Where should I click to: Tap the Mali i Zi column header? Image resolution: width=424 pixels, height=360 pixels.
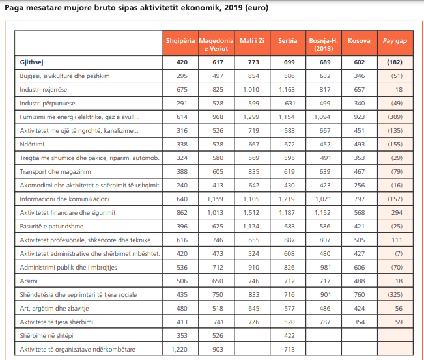[x=251, y=40]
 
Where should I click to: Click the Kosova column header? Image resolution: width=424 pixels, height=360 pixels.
[x=359, y=40]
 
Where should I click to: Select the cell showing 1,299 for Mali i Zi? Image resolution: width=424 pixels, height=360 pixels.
[x=251, y=117]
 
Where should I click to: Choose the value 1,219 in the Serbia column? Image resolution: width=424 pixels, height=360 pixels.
[x=287, y=199]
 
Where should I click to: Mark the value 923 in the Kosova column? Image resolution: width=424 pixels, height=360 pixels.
[x=359, y=117]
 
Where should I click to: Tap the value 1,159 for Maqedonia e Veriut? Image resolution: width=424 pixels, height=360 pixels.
[x=215, y=199]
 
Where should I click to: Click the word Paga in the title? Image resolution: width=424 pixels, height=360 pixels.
[x=16, y=9]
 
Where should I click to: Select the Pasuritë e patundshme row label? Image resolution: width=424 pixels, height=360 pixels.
[x=52, y=227]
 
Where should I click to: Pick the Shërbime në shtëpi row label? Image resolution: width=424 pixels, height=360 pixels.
[x=48, y=336]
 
